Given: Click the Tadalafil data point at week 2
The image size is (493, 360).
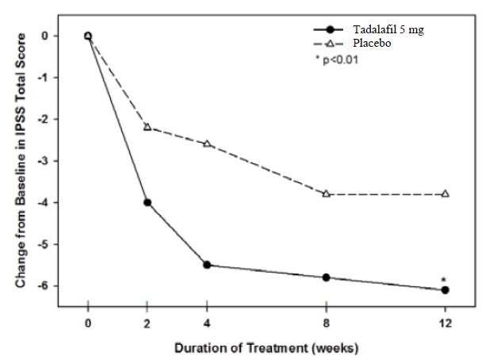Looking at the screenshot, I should click(x=147, y=202).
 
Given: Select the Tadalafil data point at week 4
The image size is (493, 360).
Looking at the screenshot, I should click(x=207, y=265).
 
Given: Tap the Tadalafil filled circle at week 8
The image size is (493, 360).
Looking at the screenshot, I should click(x=326, y=278).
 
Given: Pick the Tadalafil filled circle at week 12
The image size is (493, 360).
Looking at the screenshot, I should click(x=445, y=290).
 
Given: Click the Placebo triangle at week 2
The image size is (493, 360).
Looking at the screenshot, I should click(x=147, y=127).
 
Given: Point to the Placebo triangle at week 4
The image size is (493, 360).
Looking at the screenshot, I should click(x=207, y=144).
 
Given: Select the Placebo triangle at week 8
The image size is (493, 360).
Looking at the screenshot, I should click(x=326, y=193).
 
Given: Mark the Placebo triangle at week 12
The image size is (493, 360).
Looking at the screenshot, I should click(x=445, y=193).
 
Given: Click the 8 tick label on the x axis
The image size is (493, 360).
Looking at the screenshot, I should click(x=326, y=324).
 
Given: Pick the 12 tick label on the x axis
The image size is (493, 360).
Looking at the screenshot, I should click(x=445, y=324).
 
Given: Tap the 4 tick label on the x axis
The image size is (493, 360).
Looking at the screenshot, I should click(x=207, y=324).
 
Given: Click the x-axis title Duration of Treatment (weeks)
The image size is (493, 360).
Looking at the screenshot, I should click(x=267, y=347).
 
